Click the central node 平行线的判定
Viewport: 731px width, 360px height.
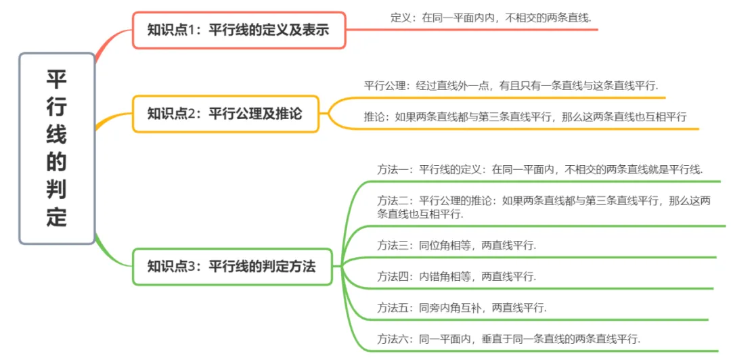(x=57, y=148)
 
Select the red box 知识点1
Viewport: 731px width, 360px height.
(x=239, y=30)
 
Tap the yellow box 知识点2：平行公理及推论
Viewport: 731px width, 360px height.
(x=225, y=113)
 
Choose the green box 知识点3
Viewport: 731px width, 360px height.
(x=232, y=266)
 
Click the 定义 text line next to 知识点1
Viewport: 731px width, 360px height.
(x=491, y=18)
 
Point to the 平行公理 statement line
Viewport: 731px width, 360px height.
(x=511, y=86)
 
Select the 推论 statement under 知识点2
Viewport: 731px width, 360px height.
(x=525, y=116)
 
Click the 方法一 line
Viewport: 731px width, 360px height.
(x=540, y=169)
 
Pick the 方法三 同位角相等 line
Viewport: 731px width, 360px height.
(x=457, y=246)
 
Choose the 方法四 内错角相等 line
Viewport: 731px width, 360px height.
(x=457, y=276)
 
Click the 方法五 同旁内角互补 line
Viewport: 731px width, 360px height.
(x=462, y=307)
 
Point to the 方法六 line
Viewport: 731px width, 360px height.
(x=508, y=338)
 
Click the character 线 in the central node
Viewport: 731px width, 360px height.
(x=57, y=135)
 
